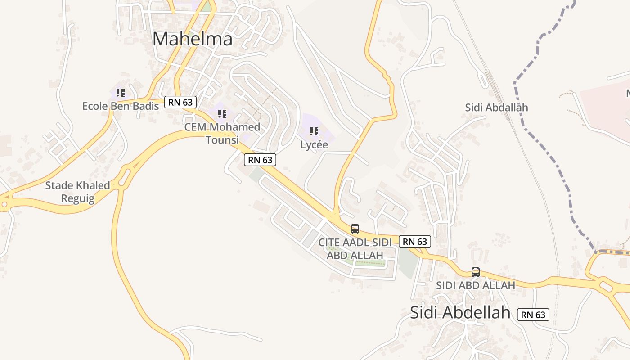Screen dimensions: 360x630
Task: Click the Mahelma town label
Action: pyautogui.click(x=192, y=39)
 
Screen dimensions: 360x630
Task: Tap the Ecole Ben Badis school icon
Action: pyautogui.click(x=120, y=93)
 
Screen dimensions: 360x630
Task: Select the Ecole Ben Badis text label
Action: pyautogui.click(x=120, y=106)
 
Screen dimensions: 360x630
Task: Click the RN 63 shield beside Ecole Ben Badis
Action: pyautogui.click(x=180, y=102)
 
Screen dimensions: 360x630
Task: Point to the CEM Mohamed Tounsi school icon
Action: pyautogui.click(x=222, y=113)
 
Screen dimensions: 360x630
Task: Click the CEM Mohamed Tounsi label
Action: pyautogui.click(x=222, y=133)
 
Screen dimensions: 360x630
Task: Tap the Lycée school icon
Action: pyautogui.click(x=314, y=131)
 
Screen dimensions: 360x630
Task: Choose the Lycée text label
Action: pyautogui.click(x=314, y=145)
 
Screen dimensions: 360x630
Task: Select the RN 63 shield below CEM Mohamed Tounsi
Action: pyautogui.click(x=260, y=160)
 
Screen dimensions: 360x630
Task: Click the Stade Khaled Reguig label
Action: pyautogui.click(x=77, y=192)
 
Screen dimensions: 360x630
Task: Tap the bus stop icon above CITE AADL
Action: pyautogui.click(x=355, y=229)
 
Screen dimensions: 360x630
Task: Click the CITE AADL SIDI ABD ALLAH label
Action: pyautogui.click(x=355, y=248)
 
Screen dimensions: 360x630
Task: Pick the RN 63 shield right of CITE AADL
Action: pyautogui.click(x=414, y=242)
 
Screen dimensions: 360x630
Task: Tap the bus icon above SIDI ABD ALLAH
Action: pyautogui.click(x=476, y=272)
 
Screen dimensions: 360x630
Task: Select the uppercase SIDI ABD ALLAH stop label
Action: pyautogui.click(x=475, y=285)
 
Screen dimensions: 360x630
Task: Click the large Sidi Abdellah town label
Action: pyautogui.click(x=460, y=312)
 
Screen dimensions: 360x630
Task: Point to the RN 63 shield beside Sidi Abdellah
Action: pyautogui.click(x=533, y=315)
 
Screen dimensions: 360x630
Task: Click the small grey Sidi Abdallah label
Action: pyautogui.click(x=496, y=108)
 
